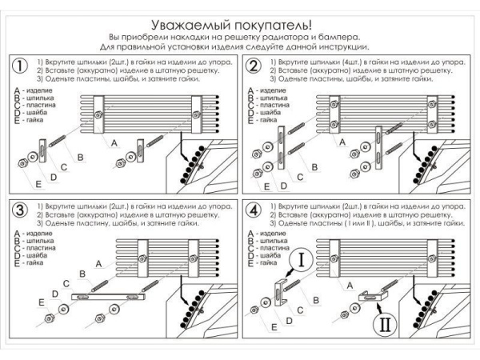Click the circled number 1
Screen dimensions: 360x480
(17, 66)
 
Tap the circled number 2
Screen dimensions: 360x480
(254, 66)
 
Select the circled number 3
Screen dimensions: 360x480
(17, 210)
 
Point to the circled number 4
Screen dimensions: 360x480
(254, 210)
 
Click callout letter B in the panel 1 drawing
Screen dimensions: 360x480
(80, 158)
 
